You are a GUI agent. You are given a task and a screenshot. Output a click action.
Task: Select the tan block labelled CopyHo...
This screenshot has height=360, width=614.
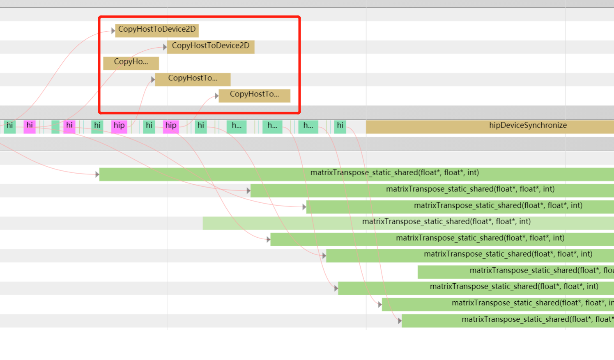tap(131, 63)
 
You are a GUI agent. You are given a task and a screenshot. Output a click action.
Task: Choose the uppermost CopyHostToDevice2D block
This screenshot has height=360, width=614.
tap(157, 30)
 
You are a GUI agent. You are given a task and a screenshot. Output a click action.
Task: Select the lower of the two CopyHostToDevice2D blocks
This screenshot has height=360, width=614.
tap(210, 46)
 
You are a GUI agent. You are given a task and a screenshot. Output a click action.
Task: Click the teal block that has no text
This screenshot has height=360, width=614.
tap(55, 126)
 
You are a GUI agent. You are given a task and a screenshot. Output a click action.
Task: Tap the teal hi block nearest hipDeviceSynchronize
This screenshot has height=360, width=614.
tap(340, 126)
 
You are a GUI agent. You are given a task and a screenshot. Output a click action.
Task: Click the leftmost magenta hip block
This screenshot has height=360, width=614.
tap(119, 126)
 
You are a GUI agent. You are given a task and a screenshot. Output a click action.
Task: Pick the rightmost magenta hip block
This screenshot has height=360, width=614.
tap(171, 126)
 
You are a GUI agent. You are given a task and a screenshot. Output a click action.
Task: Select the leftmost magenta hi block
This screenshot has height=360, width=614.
tap(30, 126)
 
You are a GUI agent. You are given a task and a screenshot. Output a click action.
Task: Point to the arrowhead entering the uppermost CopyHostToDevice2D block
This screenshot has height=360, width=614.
tap(113, 31)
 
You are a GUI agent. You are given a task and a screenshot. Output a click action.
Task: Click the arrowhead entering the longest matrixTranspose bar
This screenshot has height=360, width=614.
tap(97, 174)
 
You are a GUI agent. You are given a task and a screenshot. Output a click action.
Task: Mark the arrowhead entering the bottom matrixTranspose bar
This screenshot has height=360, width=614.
tap(400, 321)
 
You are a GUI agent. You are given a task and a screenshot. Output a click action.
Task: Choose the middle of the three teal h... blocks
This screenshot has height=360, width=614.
tap(272, 126)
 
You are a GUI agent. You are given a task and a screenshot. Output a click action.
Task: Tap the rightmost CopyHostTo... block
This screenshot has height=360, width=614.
tap(254, 95)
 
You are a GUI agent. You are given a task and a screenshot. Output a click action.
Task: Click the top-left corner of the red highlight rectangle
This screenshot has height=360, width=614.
tap(99, 17)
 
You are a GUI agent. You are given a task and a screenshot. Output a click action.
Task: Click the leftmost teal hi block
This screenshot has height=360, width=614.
tap(9, 126)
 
